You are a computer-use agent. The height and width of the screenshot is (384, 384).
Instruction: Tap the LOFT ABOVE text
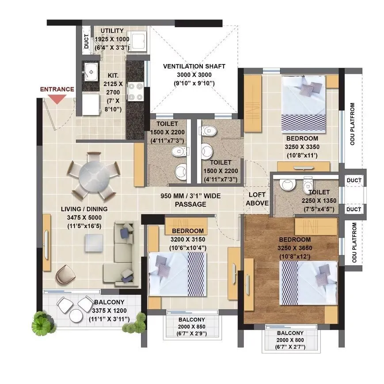[258, 199]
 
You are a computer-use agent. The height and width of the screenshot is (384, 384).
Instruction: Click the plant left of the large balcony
[41, 323]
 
